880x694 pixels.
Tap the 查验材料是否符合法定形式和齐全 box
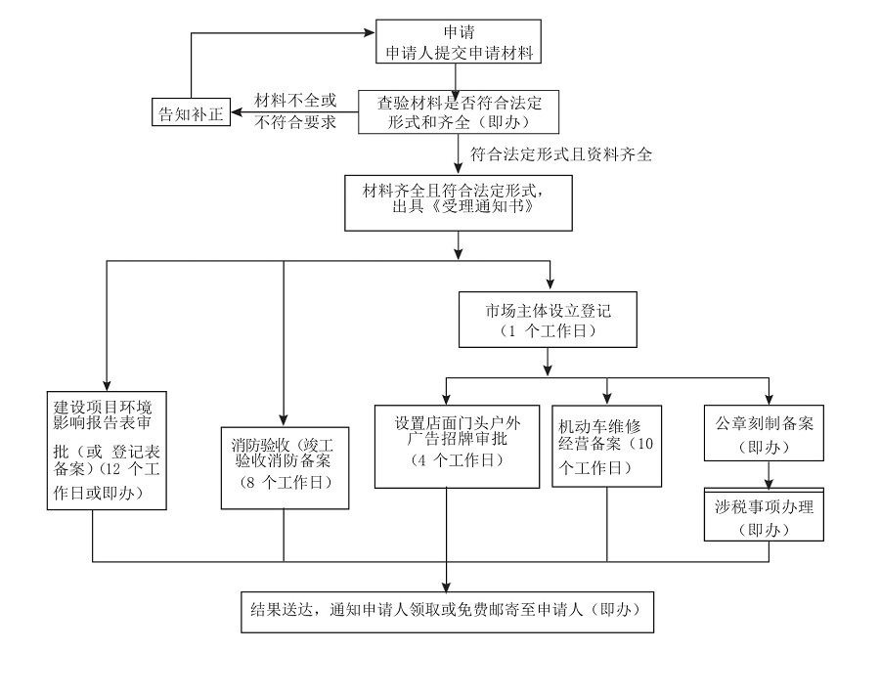tap(458, 112)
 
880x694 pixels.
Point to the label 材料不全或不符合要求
tap(295, 111)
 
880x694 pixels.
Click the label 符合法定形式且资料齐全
tap(561, 154)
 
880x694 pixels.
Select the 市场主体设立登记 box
tap(548, 320)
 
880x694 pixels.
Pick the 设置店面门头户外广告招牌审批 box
tap(458, 444)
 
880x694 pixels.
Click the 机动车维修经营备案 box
tap(606, 446)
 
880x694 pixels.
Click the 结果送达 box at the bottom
tap(445, 610)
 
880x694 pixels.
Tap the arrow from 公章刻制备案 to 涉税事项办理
tap(770, 474)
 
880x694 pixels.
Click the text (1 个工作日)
tap(548, 331)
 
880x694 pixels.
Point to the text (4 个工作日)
tap(457, 459)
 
